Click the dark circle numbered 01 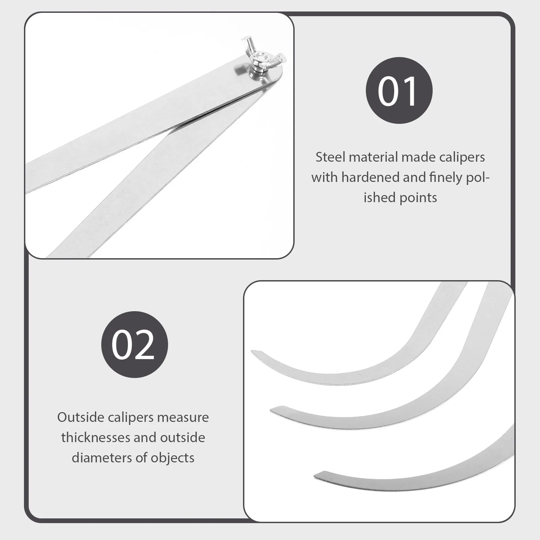399,90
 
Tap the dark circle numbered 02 134,344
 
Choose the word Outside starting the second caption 81,417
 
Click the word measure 183,417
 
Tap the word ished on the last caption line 379,198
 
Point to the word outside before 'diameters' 182,438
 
